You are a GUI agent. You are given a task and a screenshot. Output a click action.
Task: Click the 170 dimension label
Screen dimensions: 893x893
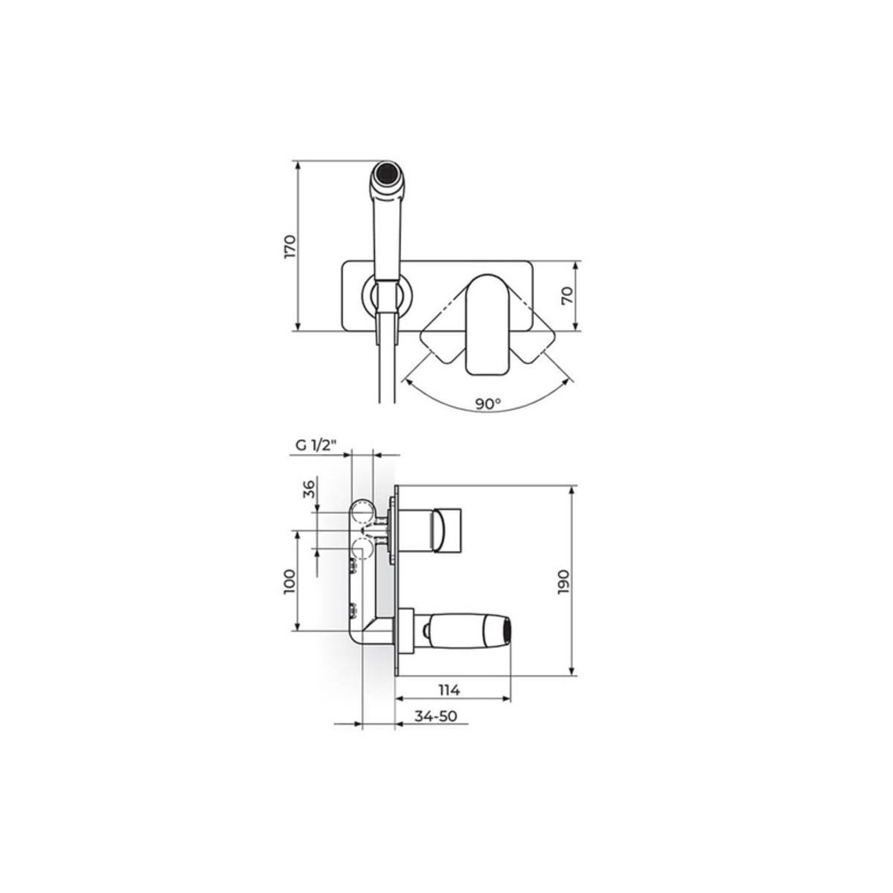tap(291, 246)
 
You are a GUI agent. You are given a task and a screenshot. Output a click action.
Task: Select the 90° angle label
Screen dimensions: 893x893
tap(487, 404)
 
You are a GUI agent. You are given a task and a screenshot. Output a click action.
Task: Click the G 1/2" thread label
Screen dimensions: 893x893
tap(316, 446)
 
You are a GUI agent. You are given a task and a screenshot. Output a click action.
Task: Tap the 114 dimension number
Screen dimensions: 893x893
tap(449, 690)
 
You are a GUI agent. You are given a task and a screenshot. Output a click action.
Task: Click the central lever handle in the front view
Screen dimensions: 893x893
tap(487, 324)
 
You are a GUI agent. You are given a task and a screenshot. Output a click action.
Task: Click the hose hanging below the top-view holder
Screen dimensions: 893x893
tap(385, 365)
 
